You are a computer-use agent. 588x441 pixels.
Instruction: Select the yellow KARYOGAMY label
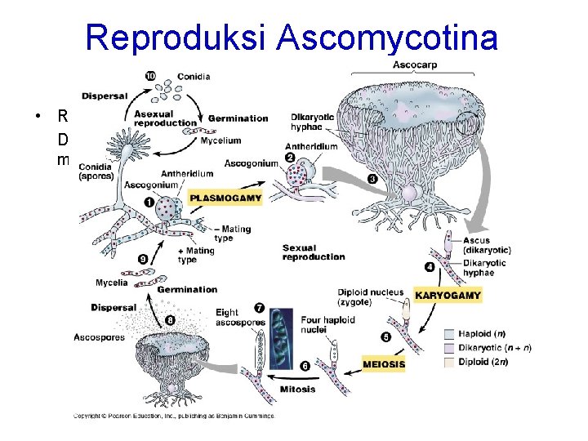pos(448,294)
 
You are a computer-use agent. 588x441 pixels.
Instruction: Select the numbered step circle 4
pos(430,267)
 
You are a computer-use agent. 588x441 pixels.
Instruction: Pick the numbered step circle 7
pos(259,308)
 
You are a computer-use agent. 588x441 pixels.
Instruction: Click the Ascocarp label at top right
pos(414,65)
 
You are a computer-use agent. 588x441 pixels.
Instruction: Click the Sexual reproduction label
pos(313,252)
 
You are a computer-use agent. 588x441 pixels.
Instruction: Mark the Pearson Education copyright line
pos(174,416)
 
